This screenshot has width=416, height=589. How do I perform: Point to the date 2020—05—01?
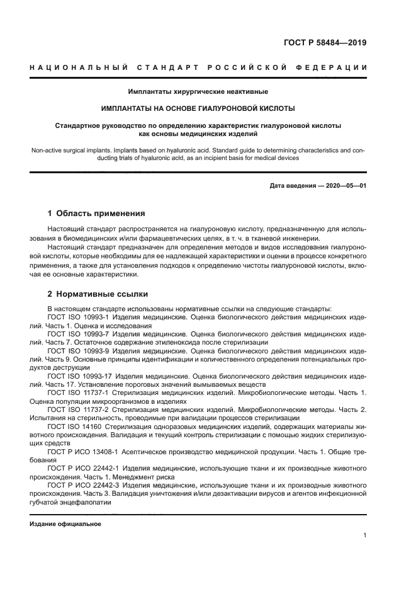tap(345, 186)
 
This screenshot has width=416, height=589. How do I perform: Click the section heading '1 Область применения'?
tap(96, 213)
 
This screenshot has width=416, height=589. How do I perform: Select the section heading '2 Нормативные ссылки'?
tap(95, 294)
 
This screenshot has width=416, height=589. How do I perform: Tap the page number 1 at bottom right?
tap(365, 535)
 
